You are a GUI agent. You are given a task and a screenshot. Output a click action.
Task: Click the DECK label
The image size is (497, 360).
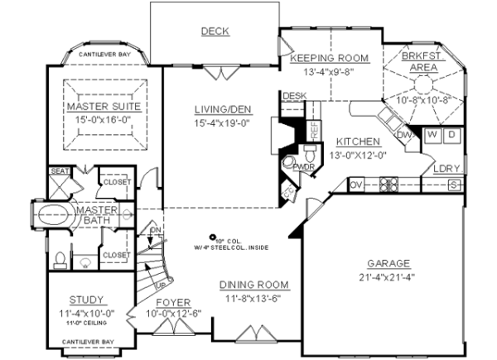(215, 31)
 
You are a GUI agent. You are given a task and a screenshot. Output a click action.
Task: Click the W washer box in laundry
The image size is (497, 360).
(433, 134)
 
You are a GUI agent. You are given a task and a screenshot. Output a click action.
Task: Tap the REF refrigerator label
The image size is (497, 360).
(315, 130)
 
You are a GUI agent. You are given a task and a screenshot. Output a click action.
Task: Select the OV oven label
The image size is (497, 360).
(356, 184)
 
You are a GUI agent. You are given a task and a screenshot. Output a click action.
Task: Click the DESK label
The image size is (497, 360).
(295, 96)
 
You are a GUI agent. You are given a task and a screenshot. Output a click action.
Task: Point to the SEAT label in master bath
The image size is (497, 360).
(59, 171)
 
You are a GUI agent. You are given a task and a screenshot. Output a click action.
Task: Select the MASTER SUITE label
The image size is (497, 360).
(104, 107)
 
